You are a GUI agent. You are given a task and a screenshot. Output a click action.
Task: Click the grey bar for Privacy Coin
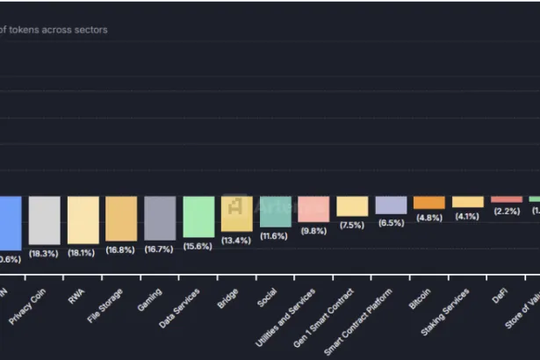click(45, 220)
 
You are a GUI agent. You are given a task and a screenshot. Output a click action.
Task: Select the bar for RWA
click(83, 220)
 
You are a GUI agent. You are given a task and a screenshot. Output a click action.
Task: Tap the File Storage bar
click(122, 218)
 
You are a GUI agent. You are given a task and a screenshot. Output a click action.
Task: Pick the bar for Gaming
click(161, 218)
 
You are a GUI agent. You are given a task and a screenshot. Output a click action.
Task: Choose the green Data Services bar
click(199, 217)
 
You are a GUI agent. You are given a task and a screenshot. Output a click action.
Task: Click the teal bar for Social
click(276, 212)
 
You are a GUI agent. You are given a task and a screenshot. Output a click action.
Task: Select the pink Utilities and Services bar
click(313, 209)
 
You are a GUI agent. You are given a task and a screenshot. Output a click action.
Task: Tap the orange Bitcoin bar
click(429, 202)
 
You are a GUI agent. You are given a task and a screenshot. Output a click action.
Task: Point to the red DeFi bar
click(507, 199)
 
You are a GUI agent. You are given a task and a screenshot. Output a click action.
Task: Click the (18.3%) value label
click(43, 253)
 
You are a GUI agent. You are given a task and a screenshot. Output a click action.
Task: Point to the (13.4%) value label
click(236, 241)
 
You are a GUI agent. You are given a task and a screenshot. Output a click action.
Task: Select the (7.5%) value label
click(352, 225)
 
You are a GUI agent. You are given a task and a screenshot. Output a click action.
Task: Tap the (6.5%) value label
click(391, 223)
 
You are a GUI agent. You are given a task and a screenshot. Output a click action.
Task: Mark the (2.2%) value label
click(507, 212)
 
